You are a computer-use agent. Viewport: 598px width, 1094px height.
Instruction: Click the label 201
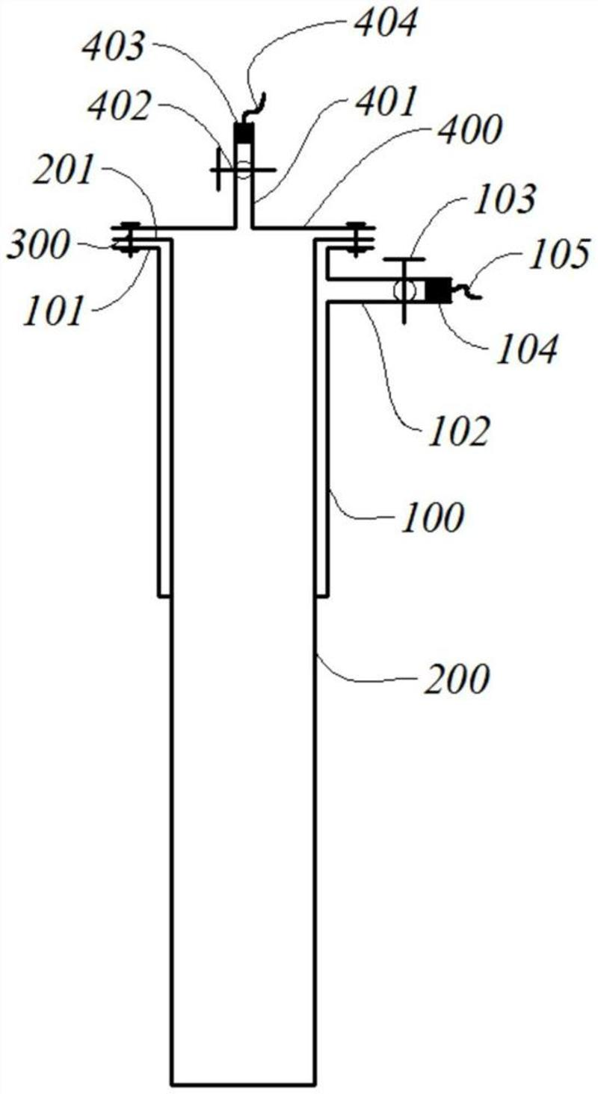64,173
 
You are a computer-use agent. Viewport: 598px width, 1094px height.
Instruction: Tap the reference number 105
558,255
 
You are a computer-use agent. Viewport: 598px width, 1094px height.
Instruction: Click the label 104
527,347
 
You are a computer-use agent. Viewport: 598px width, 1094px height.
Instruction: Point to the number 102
458,432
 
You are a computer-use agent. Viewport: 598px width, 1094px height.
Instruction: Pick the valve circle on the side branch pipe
404,290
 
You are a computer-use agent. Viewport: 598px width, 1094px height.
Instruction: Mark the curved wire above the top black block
256,105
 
